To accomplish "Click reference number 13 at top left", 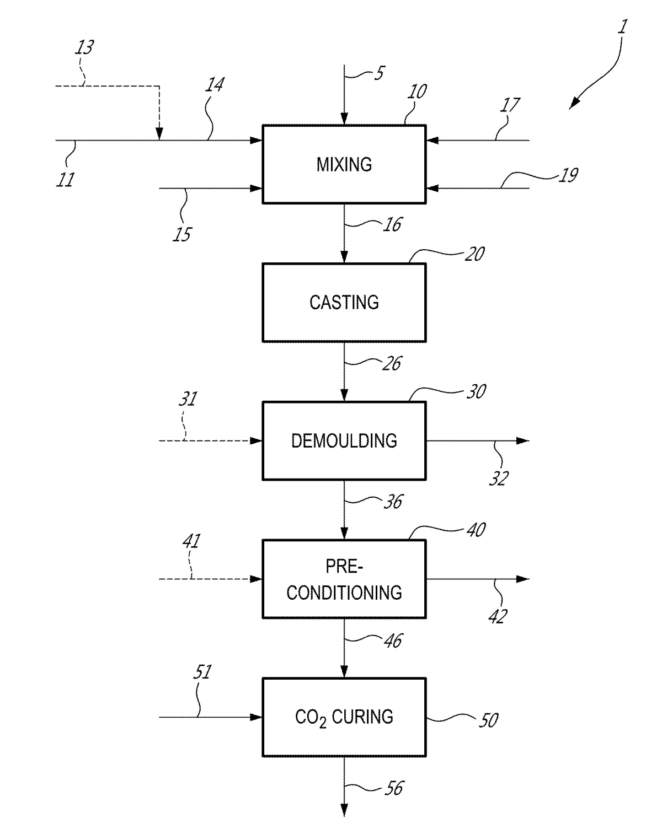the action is coord(84,47).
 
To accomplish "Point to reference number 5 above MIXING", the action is coord(379,73).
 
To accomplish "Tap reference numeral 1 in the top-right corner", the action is coord(622,27).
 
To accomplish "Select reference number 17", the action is coord(510,105).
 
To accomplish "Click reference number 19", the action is coord(569,175).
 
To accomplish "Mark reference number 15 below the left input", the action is coord(182,234).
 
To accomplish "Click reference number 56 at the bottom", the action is coord(394,788).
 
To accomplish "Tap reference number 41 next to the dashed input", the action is coord(191,541).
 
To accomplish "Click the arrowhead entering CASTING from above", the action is coord(344,257).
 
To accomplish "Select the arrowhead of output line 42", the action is coord(522,579).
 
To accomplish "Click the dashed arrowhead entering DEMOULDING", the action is coord(256,440).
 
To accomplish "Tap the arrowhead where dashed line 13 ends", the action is coord(159,134).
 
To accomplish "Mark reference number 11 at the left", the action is coord(65,180).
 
